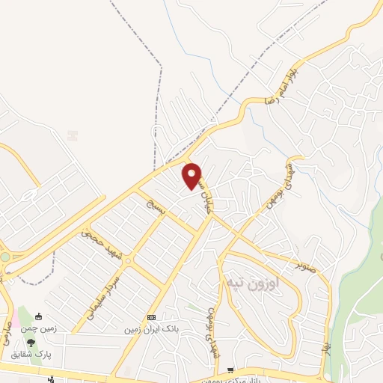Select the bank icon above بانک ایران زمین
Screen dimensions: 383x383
point(151,317)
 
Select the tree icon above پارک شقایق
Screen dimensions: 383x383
point(31,343)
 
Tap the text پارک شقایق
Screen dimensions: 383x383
point(31,354)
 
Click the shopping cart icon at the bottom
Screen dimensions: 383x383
point(232,370)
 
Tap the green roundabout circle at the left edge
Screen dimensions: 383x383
point(4,257)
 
